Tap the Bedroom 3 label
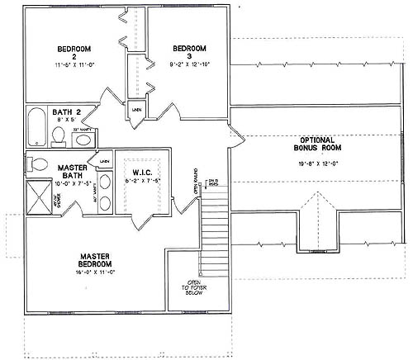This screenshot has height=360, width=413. pyautogui.click(x=188, y=51)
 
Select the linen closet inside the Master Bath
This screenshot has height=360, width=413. pyautogui.click(x=105, y=161)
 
